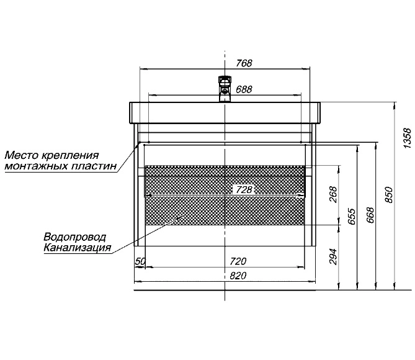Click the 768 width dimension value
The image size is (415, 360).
(x=244, y=63)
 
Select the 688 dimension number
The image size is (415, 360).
(x=244, y=89)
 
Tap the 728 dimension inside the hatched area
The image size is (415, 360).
(x=244, y=190)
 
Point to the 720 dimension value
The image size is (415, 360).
(x=238, y=261)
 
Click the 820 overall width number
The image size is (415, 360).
(x=238, y=276)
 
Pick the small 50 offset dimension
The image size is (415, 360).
(x=140, y=261)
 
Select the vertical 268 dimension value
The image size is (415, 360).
(x=333, y=195)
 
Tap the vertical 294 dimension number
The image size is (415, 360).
(x=333, y=256)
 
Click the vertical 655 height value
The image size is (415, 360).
(x=352, y=217)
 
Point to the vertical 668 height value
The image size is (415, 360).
(x=370, y=215)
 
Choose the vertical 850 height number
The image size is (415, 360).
(x=389, y=195)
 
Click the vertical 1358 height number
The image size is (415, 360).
(x=408, y=138)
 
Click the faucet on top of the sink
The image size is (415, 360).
(x=225, y=89)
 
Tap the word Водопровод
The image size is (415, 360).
(x=75, y=237)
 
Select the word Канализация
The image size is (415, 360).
(x=77, y=248)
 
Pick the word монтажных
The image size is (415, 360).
(x=36, y=166)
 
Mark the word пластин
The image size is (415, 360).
(x=94, y=166)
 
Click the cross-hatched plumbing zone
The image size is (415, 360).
(x=225, y=196)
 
